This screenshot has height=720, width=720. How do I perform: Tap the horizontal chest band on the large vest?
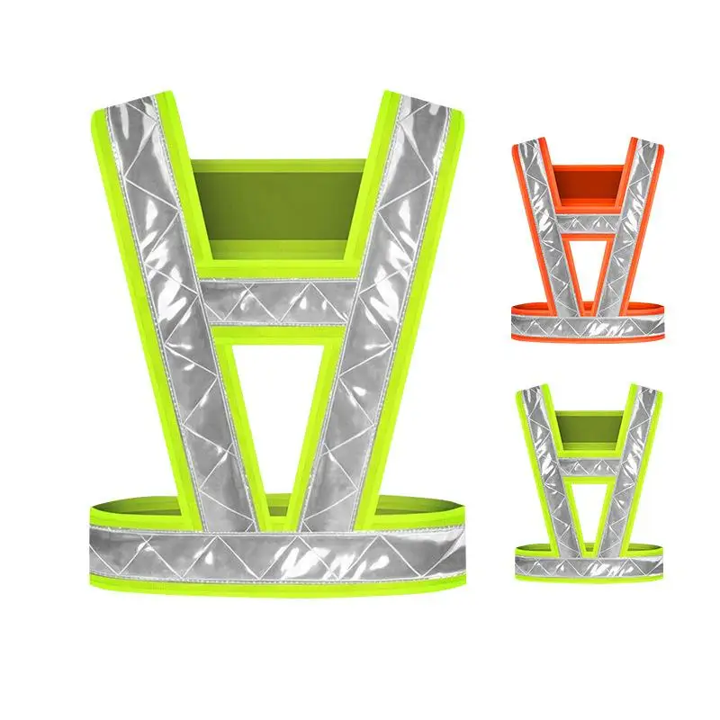[x=279, y=302]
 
